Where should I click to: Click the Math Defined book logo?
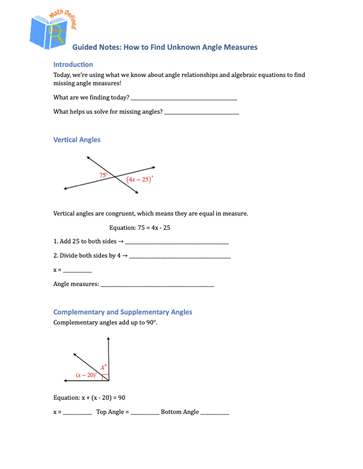[x=57, y=30]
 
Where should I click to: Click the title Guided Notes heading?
[x=164, y=47]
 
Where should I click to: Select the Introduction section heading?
[x=73, y=64]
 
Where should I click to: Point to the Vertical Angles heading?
[x=77, y=140]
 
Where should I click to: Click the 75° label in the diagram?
[x=103, y=175]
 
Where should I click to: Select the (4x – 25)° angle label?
[x=140, y=179]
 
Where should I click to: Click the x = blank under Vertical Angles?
[x=77, y=271]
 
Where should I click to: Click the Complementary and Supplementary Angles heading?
[x=122, y=312]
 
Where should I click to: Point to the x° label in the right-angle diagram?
[x=103, y=367]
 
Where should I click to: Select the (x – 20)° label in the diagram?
[x=87, y=375]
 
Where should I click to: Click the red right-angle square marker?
[x=105, y=377]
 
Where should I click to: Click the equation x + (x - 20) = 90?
[x=88, y=397]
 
